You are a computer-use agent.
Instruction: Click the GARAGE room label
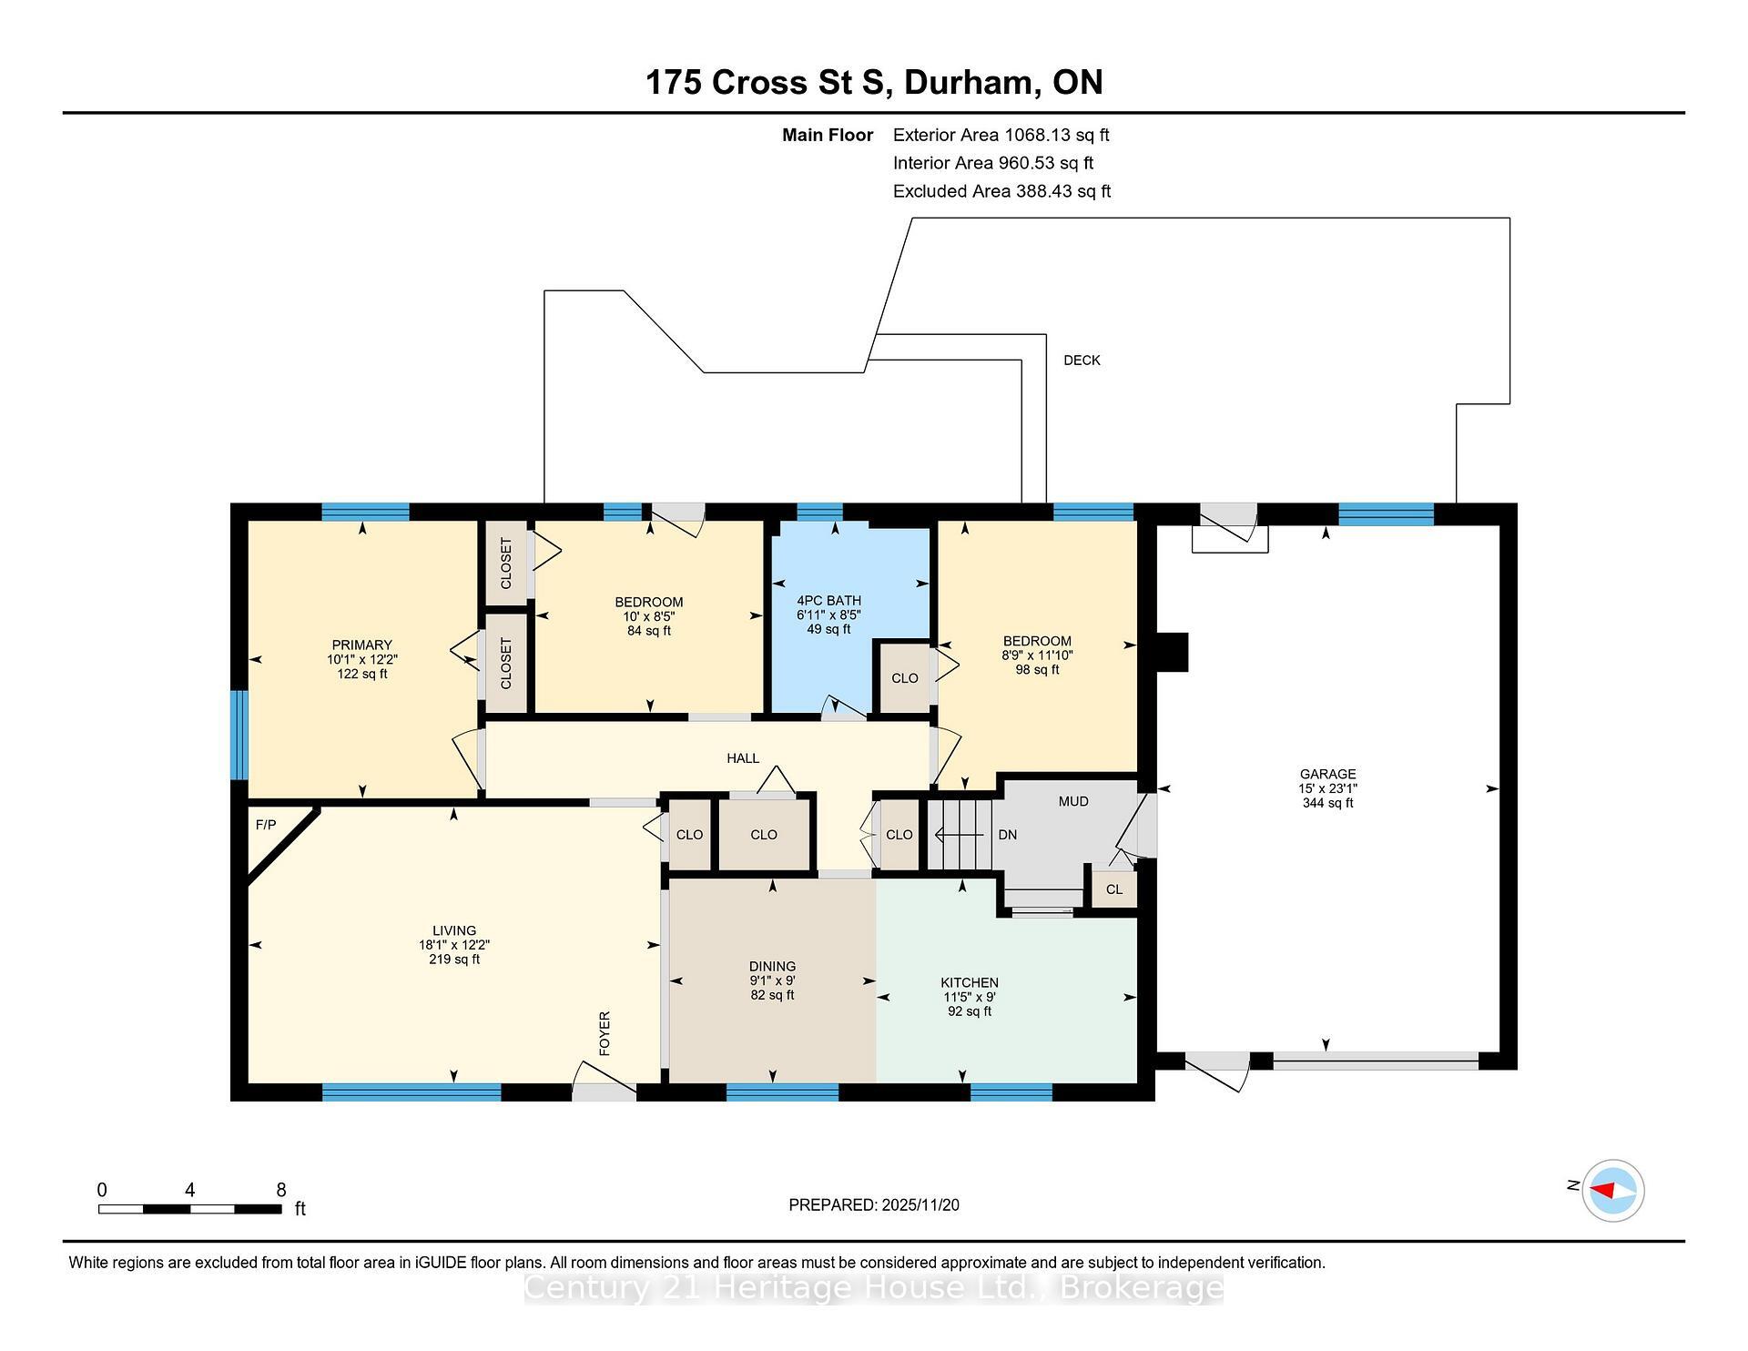point(1327,774)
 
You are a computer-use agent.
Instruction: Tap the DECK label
point(1082,361)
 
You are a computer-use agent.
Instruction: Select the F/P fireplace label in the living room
point(266,825)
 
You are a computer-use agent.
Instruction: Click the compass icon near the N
point(1612,1190)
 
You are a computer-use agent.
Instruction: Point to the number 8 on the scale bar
point(281,1190)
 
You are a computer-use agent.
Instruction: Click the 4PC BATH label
point(828,601)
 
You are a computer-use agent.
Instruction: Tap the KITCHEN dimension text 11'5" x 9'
point(970,997)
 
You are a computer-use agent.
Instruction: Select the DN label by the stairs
point(1007,835)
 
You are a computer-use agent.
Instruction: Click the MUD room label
point(1073,801)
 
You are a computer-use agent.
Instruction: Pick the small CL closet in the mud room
point(1114,889)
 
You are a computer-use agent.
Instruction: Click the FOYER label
point(605,1033)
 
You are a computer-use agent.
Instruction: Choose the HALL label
point(743,758)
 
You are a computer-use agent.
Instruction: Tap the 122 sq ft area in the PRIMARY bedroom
point(362,674)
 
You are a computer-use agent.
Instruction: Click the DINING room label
point(772,966)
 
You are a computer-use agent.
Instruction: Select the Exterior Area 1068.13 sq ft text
point(1001,135)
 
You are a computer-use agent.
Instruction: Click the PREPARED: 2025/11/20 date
point(873,1204)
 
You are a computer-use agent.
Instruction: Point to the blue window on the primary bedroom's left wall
point(239,735)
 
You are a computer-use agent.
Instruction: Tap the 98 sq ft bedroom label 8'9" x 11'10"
point(1037,655)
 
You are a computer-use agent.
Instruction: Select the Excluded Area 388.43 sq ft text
point(1001,191)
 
